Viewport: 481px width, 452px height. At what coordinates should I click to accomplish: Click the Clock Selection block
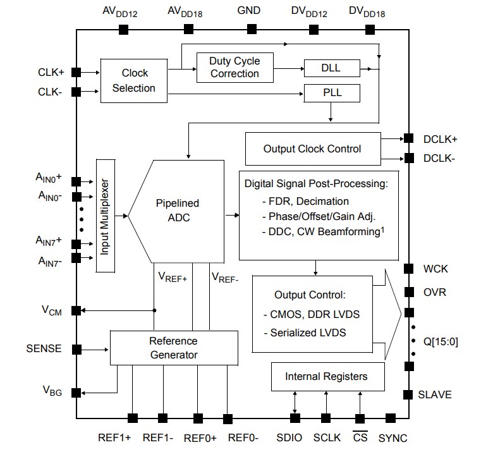coord(133,80)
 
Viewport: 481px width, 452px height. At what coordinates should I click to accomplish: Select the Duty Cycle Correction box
coord(234,66)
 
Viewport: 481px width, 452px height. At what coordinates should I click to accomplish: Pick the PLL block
coord(332,93)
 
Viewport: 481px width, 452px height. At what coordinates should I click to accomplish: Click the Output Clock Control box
coord(312,149)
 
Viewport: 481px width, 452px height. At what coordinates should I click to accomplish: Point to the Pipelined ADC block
coord(177,211)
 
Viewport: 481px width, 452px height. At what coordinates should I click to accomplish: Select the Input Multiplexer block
coord(104,216)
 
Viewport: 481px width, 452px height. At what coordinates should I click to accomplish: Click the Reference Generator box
coord(173,348)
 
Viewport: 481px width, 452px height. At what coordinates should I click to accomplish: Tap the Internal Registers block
coord(326,377)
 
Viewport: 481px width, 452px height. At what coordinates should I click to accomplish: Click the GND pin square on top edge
coord(252,29)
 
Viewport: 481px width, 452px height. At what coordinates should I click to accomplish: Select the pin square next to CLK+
coord(76,72)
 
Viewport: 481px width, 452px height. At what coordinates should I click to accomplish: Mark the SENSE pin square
coord(76,349)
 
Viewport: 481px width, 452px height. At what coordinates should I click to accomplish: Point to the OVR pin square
coord(408,292)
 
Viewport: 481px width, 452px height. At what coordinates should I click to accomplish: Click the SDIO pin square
coord(295,418)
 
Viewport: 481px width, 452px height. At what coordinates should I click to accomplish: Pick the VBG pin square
coord(76,393)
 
